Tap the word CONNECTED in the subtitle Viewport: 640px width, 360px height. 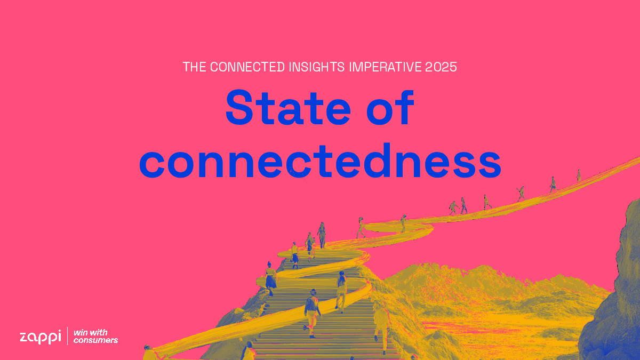[247, 67]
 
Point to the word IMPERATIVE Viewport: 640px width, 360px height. [385, 67]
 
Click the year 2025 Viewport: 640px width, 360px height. [441, 67]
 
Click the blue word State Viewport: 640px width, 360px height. [289, 108]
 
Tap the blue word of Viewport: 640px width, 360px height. [390, 108]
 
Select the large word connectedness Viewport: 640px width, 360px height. [320, 161]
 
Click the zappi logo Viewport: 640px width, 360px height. [41, 337]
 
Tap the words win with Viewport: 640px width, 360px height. [91, 333]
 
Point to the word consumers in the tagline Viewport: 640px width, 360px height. [95, 340]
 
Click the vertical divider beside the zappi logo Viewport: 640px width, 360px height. [67, 336]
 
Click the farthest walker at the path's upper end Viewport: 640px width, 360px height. [579, 175]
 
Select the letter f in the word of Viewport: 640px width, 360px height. [406, 107]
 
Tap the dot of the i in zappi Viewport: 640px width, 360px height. [59, 331]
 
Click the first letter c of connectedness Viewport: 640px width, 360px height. [152, 165]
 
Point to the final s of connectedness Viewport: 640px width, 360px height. [489, 165]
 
